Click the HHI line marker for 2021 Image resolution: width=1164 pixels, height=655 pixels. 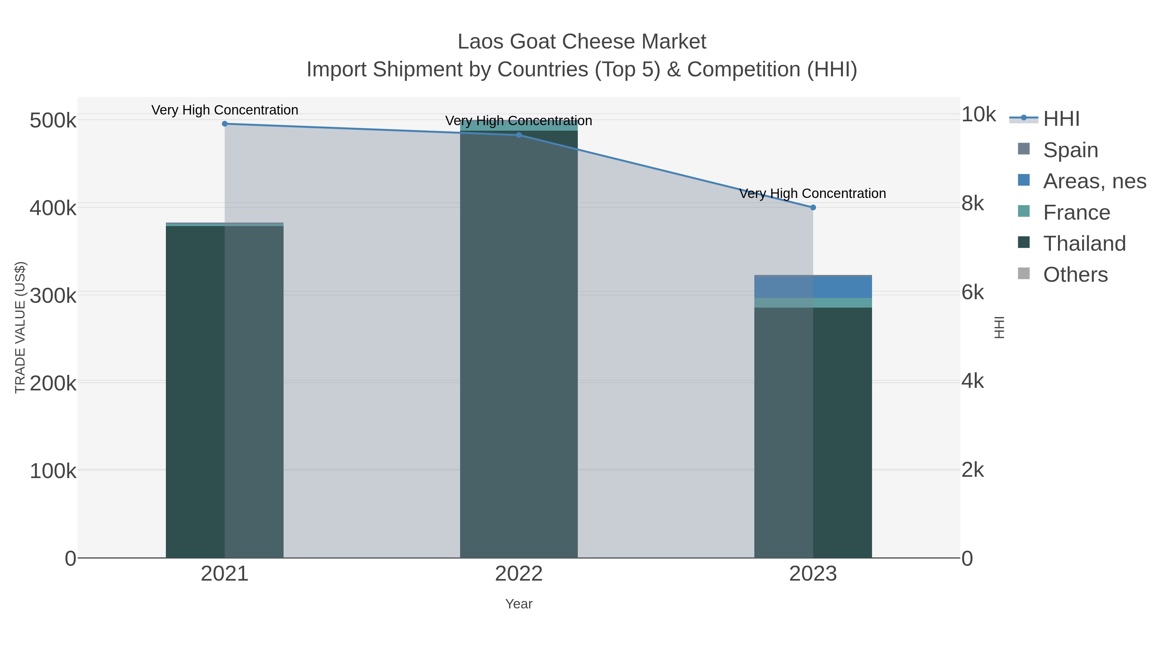pyautogui.click(x=225, y=124)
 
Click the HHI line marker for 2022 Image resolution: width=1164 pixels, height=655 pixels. pyautogui.click(x=519, y=135)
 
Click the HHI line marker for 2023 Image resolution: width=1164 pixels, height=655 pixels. pyautogui.click(x=813, y=207)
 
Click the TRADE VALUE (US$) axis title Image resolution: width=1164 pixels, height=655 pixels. pyautogui.click(x=20, y=327)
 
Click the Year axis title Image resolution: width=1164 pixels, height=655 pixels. pyautogui.click(x=519, y=604)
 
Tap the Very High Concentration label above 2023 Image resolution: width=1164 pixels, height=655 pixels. pyautogui.click(x=813, y=193)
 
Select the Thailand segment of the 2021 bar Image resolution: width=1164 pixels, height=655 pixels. pyautogui.click(x=195, y=389)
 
